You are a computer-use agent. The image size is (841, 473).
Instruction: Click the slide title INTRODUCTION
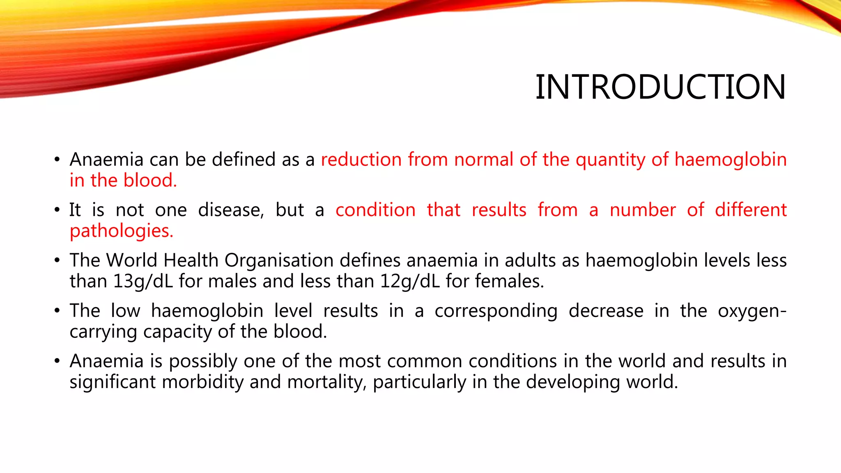click(x=660, y=87)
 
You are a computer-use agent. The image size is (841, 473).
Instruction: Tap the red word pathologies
click(x=122, y=231)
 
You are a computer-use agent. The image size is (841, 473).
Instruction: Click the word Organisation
click(x=279, y=261)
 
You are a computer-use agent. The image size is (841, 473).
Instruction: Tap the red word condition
click(x=375, y=210)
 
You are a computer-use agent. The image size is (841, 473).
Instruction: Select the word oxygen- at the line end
click(x=752, y=311)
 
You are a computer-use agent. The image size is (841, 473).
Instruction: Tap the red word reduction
click(x=361, y=160)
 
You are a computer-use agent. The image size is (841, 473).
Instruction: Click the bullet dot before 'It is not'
click(x=57, y=210)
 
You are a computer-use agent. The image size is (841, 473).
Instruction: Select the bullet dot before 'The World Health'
click(x=57, y=261)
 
